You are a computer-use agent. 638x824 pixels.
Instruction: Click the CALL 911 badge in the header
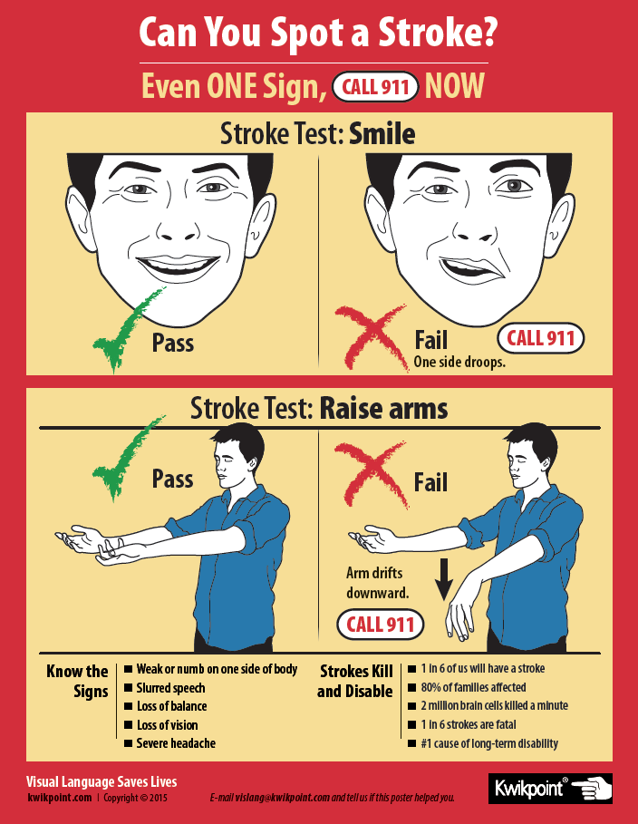[375, 87]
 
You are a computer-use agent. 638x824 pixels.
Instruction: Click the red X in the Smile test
[372, 336]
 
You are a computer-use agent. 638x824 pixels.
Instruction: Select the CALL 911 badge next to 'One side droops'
[540, 338]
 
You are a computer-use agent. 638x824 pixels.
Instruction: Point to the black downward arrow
[444, 579]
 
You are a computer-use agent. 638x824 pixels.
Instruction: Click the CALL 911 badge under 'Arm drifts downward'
[380, 625]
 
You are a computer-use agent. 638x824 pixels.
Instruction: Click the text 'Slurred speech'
[170, 688]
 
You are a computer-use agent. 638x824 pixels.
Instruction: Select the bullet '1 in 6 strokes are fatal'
[469, 724]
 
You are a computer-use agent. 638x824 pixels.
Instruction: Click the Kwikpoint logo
[550, 789]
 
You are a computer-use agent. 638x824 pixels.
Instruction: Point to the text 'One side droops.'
[459, 362]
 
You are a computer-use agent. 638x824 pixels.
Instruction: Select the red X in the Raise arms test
[371, 474]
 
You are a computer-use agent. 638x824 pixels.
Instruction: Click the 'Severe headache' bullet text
[176, 743]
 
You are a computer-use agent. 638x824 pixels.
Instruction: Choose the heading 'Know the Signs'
[77, 681]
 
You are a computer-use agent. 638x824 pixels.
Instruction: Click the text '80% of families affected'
[473, 687]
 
